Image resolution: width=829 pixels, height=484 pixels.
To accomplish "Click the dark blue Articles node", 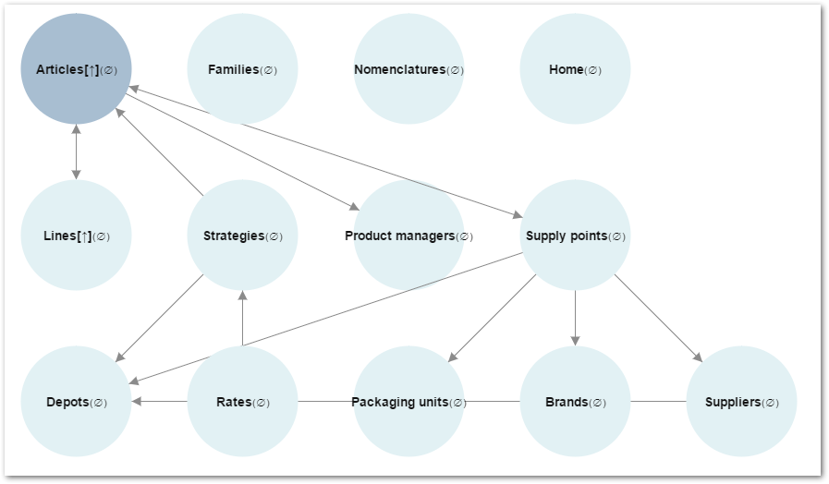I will (76, 69).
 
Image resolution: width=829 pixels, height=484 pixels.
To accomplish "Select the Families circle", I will (242, 69).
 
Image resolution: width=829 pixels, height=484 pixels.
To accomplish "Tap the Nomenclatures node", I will (408, 69).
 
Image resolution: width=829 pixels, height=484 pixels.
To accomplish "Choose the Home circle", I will (575, 69).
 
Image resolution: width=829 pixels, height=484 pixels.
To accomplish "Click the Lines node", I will (76, 236).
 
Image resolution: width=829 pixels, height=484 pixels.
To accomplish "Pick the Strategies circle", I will (242, 236).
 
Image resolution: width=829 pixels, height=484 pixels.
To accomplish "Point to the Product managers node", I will (408, 236).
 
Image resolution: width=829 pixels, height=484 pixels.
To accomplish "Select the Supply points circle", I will (575, 236).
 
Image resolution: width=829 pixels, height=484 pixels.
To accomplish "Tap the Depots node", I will (76, 402).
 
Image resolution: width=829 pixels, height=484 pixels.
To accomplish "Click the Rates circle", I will (242, 402).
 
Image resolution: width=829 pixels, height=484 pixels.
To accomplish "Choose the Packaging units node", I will (408, 402).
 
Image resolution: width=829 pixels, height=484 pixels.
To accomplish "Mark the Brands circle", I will (575, 402).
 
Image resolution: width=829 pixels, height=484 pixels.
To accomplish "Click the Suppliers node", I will (741, 402).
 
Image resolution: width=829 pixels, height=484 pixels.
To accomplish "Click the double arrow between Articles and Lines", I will (76, 152).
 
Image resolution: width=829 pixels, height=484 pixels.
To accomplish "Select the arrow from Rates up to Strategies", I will (242, 319).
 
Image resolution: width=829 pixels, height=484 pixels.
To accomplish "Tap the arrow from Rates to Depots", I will (160, 402).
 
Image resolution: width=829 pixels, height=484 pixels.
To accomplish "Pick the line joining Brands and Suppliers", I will (658, 402).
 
